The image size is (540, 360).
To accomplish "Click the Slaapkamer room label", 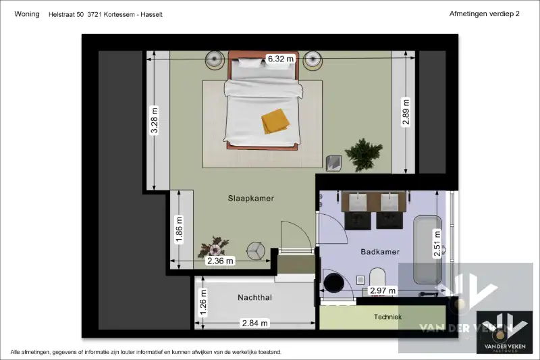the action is tap(250, 198).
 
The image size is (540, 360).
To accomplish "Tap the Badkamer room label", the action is tap(380, 252).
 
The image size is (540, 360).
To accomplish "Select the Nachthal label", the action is tap(255, 297).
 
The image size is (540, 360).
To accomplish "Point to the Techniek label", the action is tap(387, 317).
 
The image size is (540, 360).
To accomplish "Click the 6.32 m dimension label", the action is tap(281, 59).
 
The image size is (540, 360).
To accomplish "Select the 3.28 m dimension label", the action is tap(155, 120).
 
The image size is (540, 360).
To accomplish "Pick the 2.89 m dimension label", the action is tap(406, 112).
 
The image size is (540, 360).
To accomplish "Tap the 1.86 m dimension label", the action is tap(179, 230).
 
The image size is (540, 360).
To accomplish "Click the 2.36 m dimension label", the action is tap(220, 261).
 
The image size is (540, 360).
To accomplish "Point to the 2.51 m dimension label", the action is tap(437, 244).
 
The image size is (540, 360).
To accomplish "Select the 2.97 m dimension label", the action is tap(383, 290).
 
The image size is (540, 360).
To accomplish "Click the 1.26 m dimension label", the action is tap(203, 303).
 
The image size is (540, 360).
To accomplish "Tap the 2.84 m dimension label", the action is tap(255, 323).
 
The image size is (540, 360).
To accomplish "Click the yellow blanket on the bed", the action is tap(275, 122).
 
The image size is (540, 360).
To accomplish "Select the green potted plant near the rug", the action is tap(364, 155).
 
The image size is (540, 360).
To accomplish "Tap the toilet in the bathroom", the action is tap(377, 279).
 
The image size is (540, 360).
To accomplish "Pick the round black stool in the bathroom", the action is tap(333, 283).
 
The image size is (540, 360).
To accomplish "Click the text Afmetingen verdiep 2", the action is tap(484, 14).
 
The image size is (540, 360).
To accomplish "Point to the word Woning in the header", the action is tap(27, 14).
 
